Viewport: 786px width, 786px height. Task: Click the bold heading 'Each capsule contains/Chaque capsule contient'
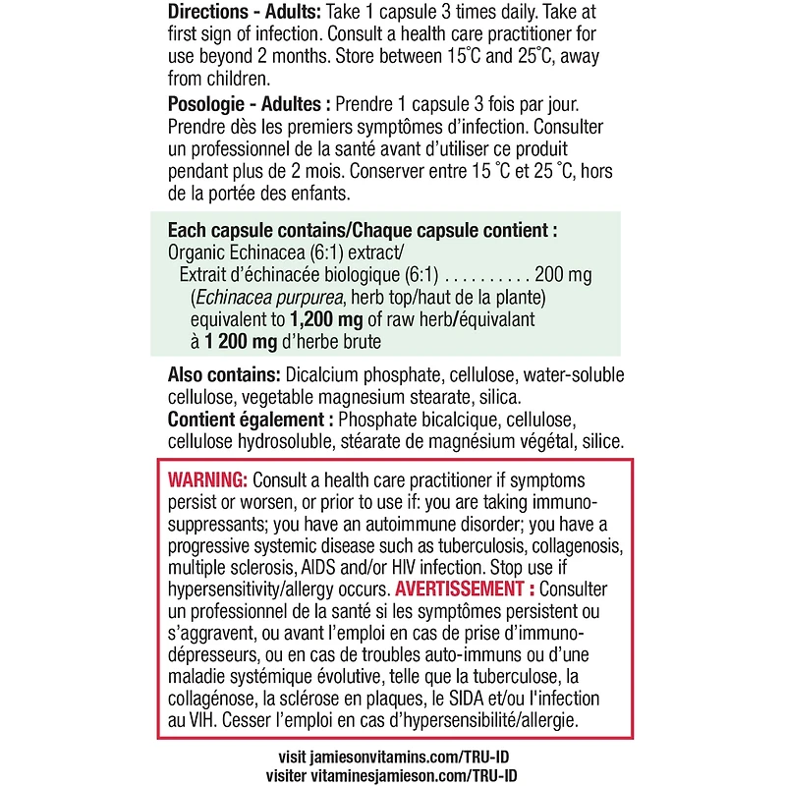click(x=362, y=231)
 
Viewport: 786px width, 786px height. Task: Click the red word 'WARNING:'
click(x=207, y=480)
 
